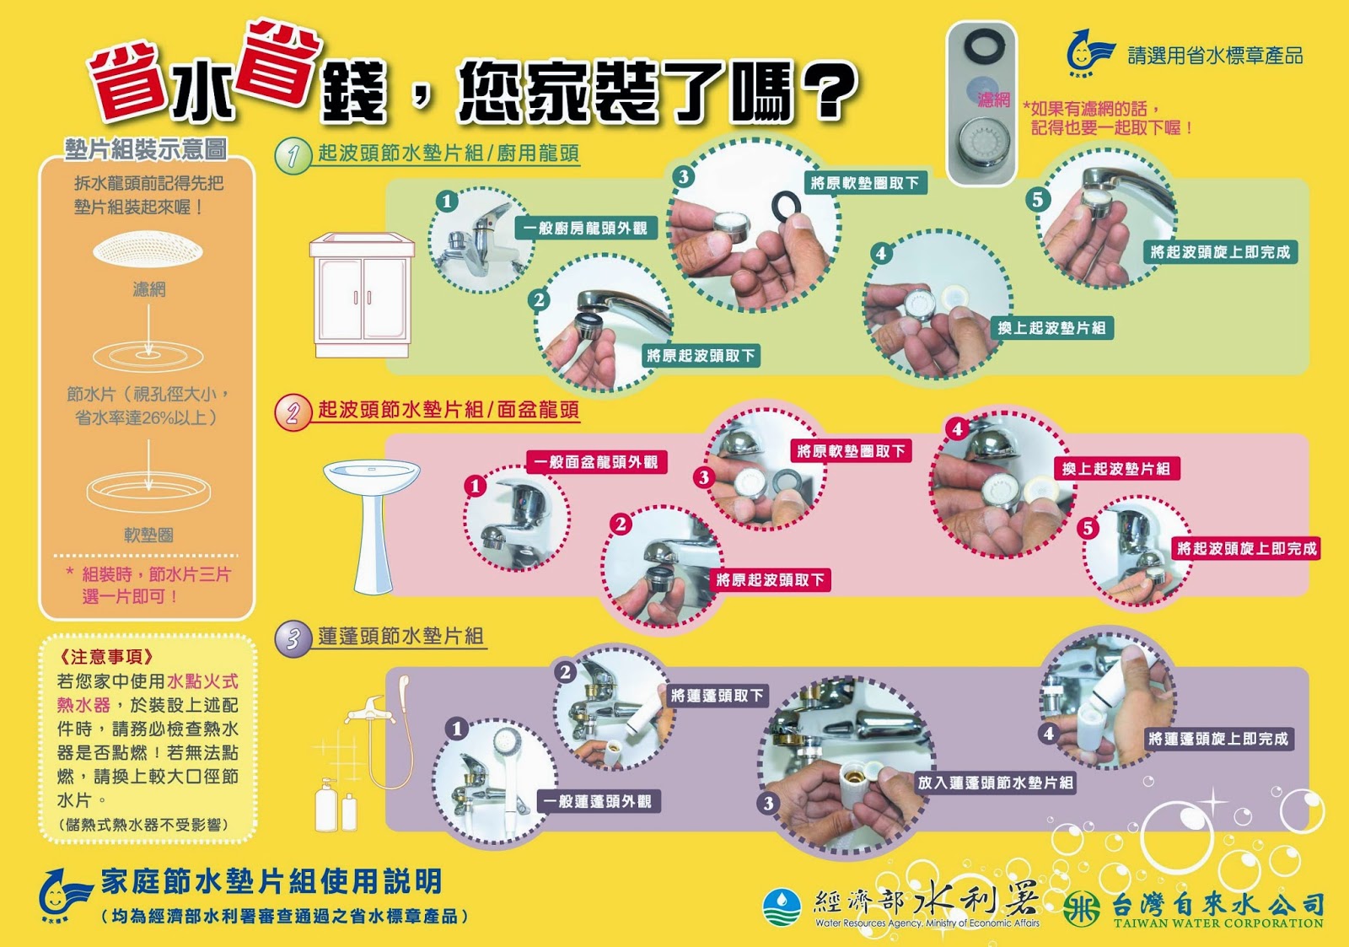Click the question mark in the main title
click(829, 89)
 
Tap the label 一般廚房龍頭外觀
click(585, 229)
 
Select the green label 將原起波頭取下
click(701, 355)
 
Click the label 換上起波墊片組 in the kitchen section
click(1052, 328)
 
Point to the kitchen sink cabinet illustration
click(362, 295)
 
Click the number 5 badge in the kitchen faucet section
click(1038, 199)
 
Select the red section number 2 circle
click(293, 412)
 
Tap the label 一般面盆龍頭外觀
click(596, 462)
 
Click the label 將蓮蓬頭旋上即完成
click(1218, 739)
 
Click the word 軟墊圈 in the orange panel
click(148, 535)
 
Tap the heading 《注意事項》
click(106, 657)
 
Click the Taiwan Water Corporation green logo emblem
click(1082, 908)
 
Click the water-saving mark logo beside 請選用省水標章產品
click(1089, 52)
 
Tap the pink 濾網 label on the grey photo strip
click(994, 100)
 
